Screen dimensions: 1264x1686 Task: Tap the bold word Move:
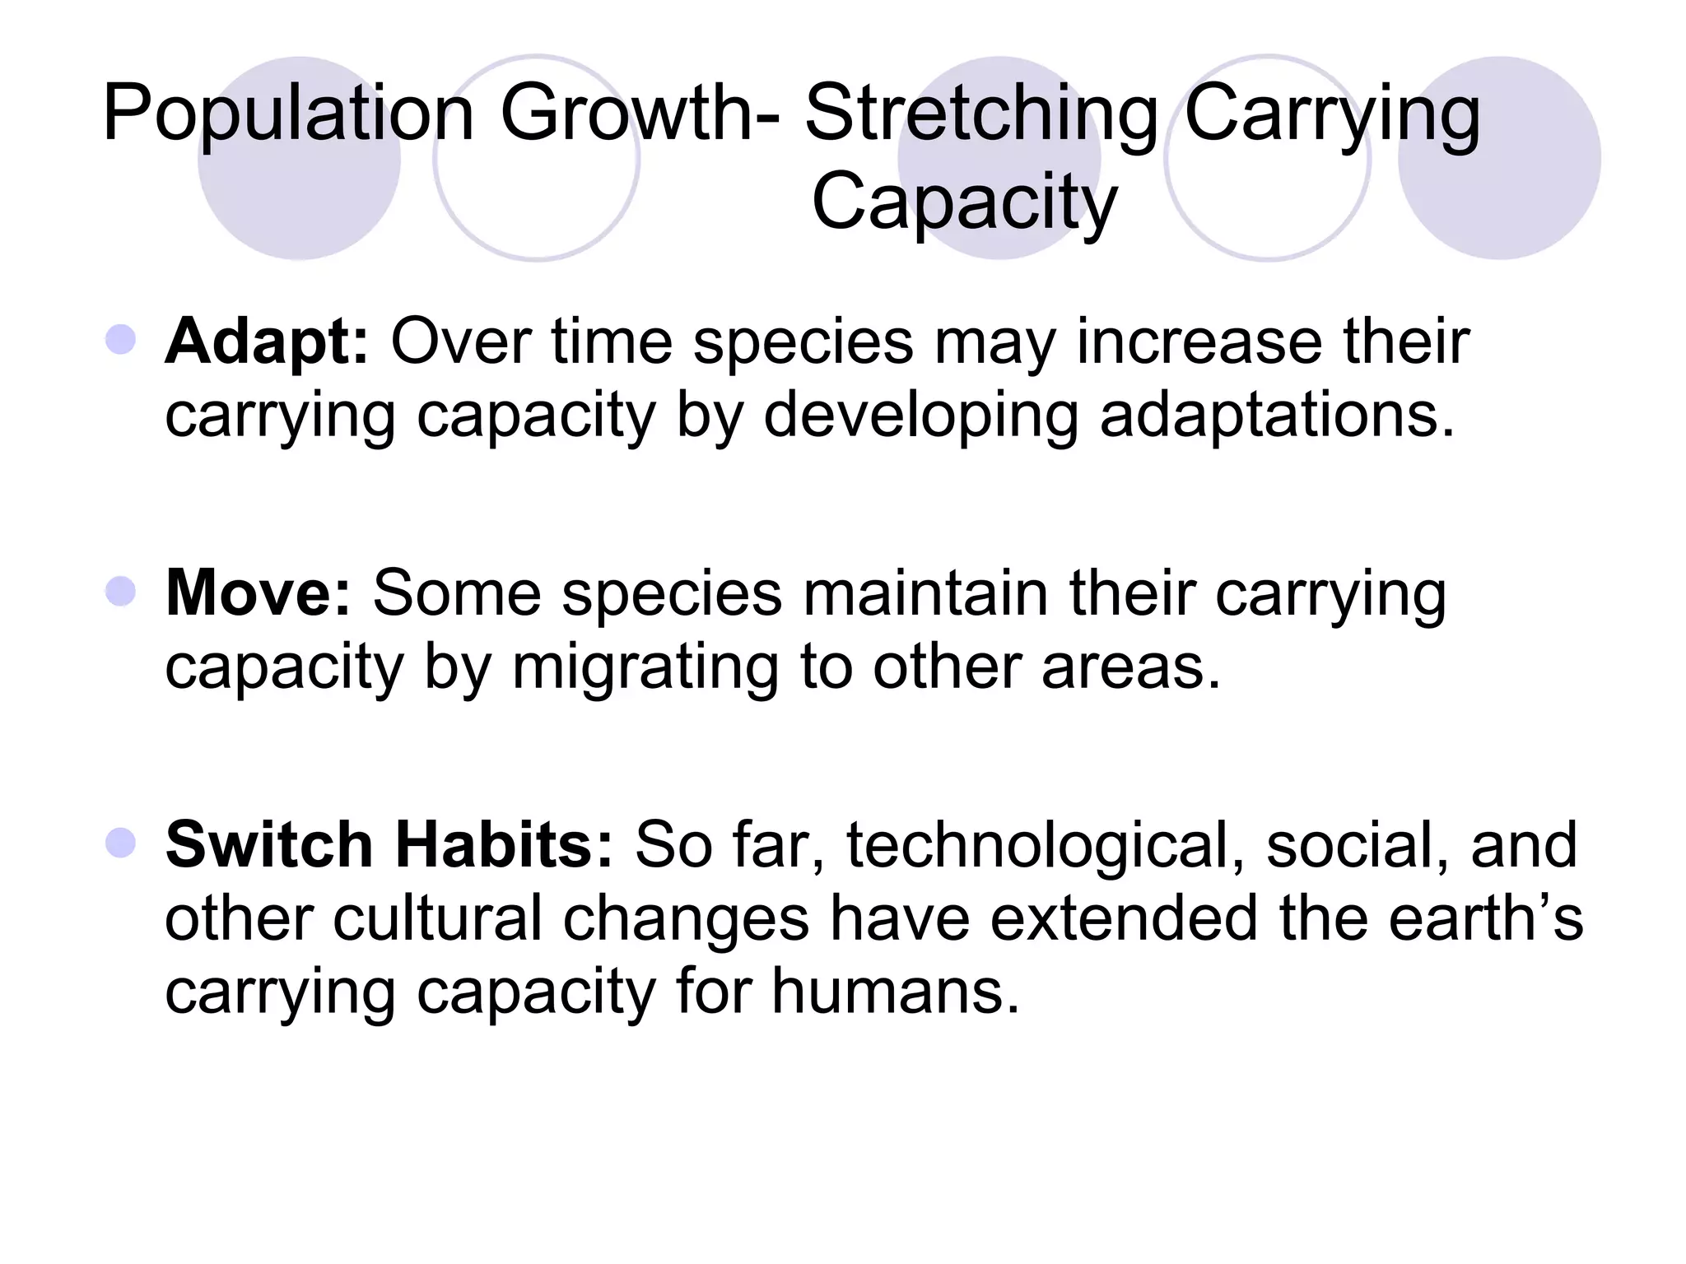point(258,593)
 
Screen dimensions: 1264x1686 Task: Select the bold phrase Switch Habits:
point(389,845)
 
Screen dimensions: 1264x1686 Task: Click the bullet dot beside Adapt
point(121,339)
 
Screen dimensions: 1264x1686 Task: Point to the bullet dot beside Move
point(121,591)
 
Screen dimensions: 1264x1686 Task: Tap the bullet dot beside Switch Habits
point(121,843)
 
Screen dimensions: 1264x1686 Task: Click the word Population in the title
point(288,115)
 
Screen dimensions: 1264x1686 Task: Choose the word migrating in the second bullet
point(645,667)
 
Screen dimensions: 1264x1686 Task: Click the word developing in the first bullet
point(920,416)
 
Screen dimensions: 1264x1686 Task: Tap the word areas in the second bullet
point(1130,667)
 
